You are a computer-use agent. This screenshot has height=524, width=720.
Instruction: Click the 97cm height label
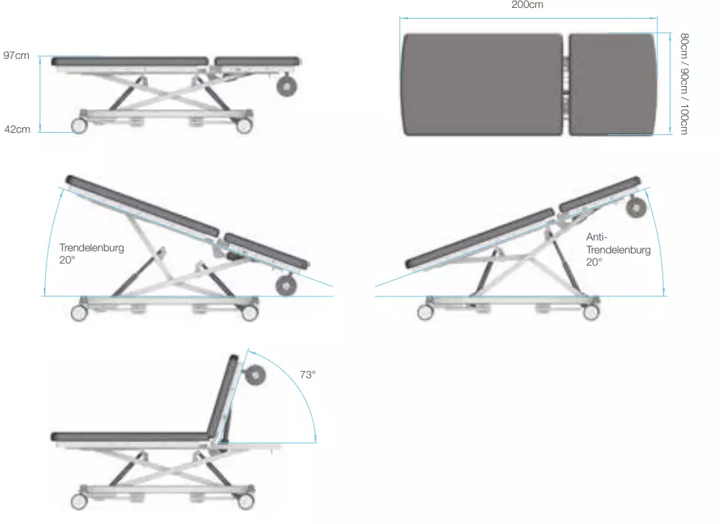click(x=16, y=55)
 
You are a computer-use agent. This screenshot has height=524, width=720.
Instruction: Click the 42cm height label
click(x=17, y=129)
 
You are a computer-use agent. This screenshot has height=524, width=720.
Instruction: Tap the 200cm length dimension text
click(x=527, y=5)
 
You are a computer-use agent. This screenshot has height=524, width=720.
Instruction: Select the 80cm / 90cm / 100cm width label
click(x=684, y=84)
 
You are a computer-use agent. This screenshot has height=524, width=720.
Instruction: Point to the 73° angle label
click(x=308, y=375)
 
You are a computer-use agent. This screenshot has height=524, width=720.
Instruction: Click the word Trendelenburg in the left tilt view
click(x=91, y=248)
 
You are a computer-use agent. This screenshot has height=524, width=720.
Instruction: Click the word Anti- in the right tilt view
click(x=596, y=237)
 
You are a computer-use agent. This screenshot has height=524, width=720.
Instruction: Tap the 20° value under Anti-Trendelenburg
click(x=594, y=262)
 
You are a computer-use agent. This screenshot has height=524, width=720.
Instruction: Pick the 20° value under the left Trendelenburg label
click(x=67, y=260)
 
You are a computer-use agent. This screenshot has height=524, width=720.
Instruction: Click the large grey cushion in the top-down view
click(x=483, y=85)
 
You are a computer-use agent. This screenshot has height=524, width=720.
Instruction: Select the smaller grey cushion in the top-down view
click(x=612, y=85)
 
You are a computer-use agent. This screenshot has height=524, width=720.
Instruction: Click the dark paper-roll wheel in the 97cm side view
click(x=287, y=86)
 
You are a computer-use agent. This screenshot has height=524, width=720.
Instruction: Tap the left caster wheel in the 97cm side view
click(x=79, y=126)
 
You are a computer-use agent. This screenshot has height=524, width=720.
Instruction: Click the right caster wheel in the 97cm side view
click(x=244, y=126)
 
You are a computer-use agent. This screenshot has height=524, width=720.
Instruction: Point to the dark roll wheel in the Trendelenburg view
click(x=285, y=286)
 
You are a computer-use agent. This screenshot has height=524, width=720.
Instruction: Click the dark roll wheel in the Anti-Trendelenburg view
click(x=636, y=208)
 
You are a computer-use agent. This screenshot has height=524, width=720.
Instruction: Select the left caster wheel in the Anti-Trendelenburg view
click(x=425, y=312)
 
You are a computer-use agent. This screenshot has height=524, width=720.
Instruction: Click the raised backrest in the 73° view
click(x=222, y=396)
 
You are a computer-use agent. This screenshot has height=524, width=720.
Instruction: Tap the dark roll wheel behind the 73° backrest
click(x=255, y=375)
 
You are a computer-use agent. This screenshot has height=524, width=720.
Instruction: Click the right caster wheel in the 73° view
click(x=245, y=500)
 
